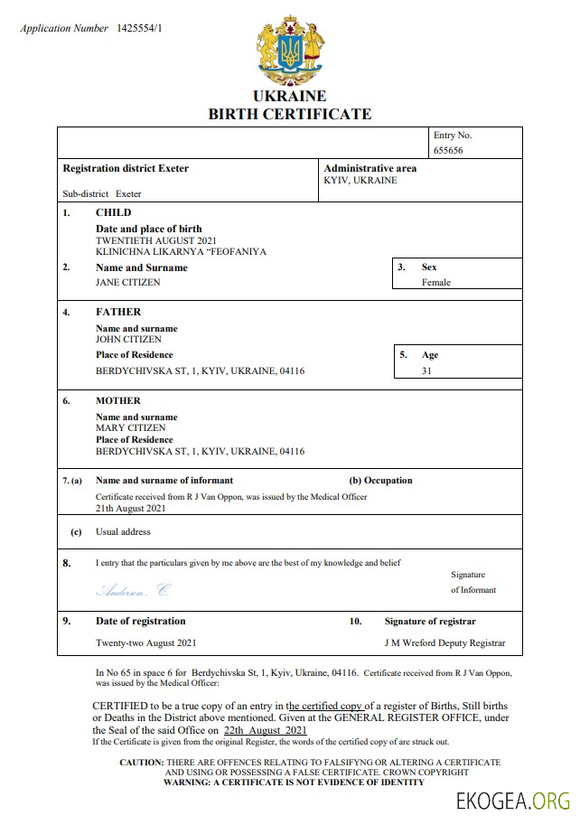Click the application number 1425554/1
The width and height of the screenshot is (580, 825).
coord(139,29)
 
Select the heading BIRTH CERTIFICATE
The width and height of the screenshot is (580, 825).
coord(290,114)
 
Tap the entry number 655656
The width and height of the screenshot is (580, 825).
coord(448,150)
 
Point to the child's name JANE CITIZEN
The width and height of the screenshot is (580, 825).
coord(128,282)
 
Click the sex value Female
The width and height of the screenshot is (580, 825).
coord(436,282)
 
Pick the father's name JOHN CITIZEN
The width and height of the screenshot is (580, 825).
coord(129,339)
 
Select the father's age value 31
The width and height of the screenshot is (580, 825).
coord(426,370)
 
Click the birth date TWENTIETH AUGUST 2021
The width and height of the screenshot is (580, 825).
coord(156,240)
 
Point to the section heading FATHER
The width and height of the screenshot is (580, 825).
coord(118,312)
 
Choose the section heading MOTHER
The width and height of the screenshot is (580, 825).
coord(118,400)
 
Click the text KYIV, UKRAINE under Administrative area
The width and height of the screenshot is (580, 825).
coord(360,180)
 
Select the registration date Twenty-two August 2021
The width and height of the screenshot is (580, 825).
coord(145,643)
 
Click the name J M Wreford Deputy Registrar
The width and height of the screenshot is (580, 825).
coord(445,643)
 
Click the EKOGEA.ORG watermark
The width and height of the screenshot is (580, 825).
coord(514,800)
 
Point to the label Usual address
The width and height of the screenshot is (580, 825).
coord(123,531)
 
